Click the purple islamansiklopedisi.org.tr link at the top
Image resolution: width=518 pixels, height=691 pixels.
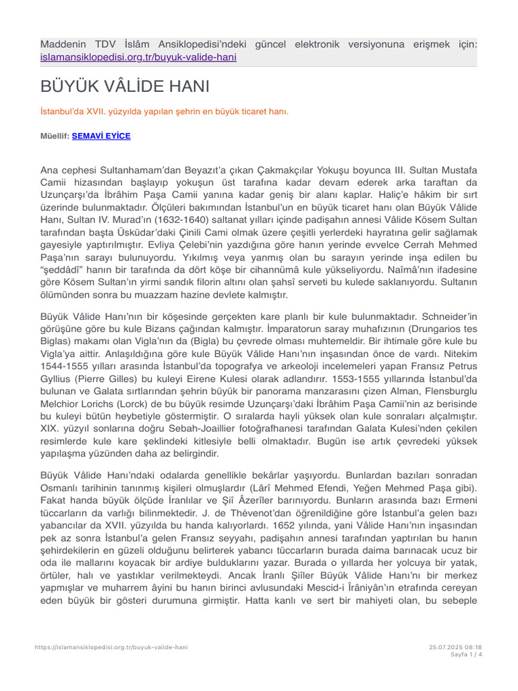pyautogui.click(x=138, y=57)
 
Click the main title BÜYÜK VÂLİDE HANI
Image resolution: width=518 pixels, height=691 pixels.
pyautogui.click(x=125, y=87)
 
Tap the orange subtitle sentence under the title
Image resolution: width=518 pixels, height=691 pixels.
pyautogui.click(x=155, y=111)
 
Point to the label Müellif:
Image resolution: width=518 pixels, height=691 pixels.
pyautogui.click(x=55, y=136)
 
